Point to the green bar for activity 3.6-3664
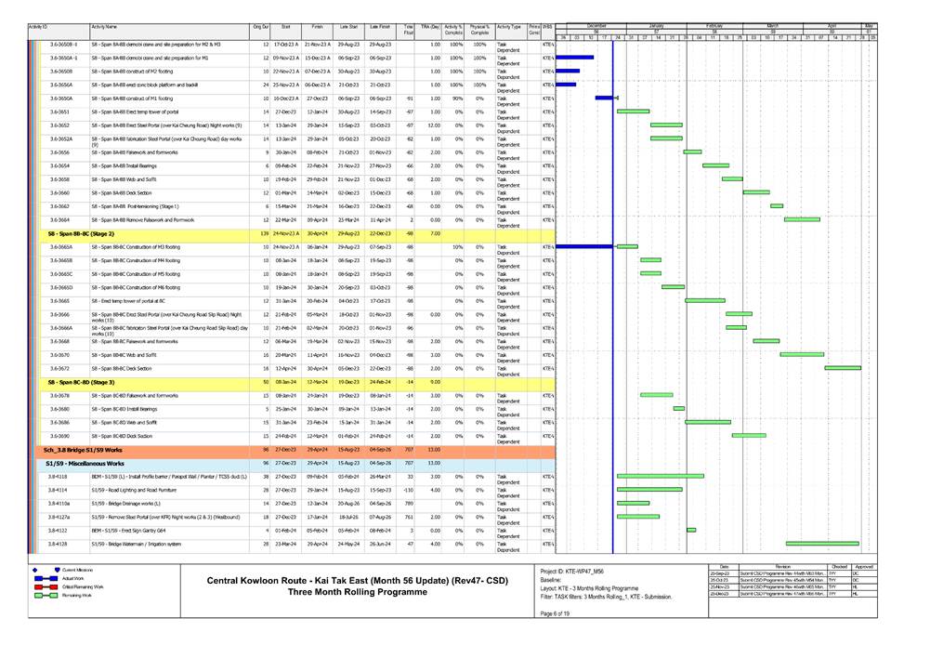point(802,219)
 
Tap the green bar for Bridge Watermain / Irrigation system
point(822,544)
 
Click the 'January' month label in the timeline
point(656,25)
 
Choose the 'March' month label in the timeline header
point(773,25)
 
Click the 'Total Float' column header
point(409,30)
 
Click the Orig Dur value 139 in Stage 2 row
point(264,233)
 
